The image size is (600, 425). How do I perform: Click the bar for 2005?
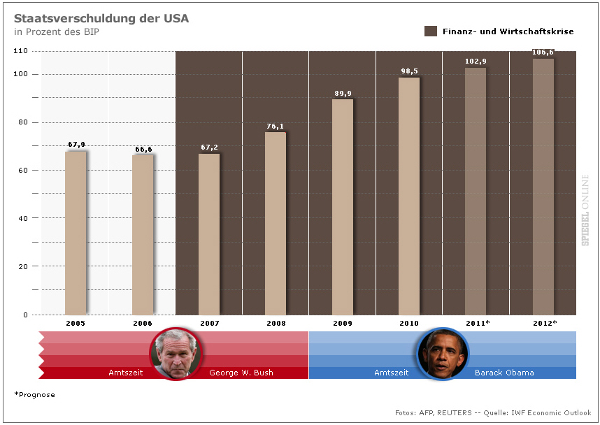[76, 233]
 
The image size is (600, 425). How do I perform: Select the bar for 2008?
[276, 223]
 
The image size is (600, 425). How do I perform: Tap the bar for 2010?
[409, 196]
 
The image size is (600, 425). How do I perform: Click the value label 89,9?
[343, 93]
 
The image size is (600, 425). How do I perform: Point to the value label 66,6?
[143, 149]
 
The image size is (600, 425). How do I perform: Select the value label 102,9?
[476, 62]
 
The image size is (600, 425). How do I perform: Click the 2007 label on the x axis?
[208, 323]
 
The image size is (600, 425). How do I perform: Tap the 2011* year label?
[478, 323]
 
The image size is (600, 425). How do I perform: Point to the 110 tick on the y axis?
[20, 51]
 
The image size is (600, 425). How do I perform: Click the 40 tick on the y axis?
[23, 218]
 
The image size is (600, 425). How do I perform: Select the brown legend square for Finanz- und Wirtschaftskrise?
[431, 31]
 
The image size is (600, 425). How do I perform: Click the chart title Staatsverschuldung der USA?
[101, 18]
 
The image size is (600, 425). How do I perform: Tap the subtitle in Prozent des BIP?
[56, 32]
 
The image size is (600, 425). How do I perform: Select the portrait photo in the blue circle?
[443, 354]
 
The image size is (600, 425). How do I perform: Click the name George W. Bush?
[241, 373]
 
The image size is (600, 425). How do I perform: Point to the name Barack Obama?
[504, 373]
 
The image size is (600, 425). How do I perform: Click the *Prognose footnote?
[34, 395]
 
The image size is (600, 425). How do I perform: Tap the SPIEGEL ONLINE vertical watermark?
[585, 210]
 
